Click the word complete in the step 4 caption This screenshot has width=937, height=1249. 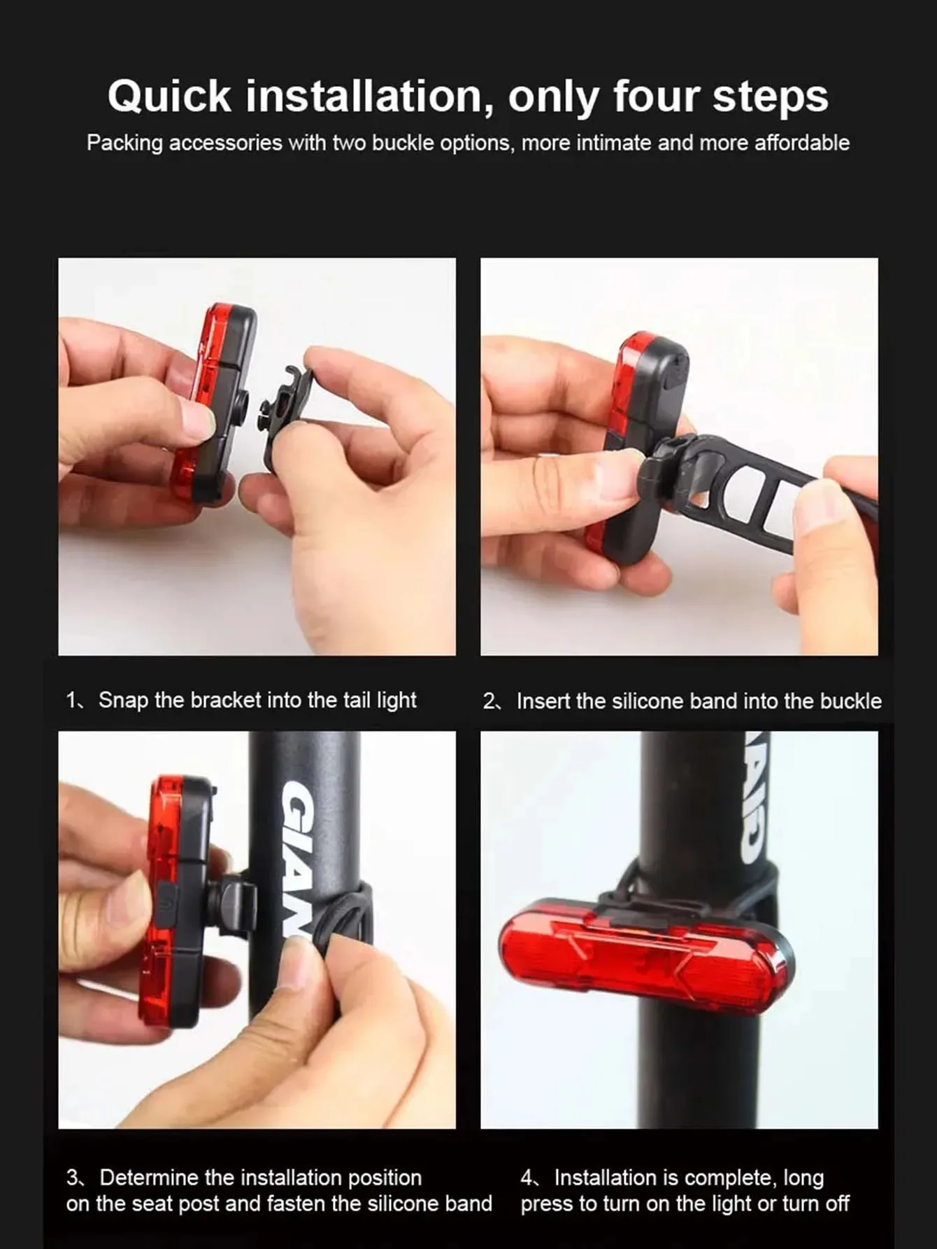click(x=732, y=1178)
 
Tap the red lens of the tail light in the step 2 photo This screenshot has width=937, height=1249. click(x=619, y=434)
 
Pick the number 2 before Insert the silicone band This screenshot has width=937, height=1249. click(x=489, y=701)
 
